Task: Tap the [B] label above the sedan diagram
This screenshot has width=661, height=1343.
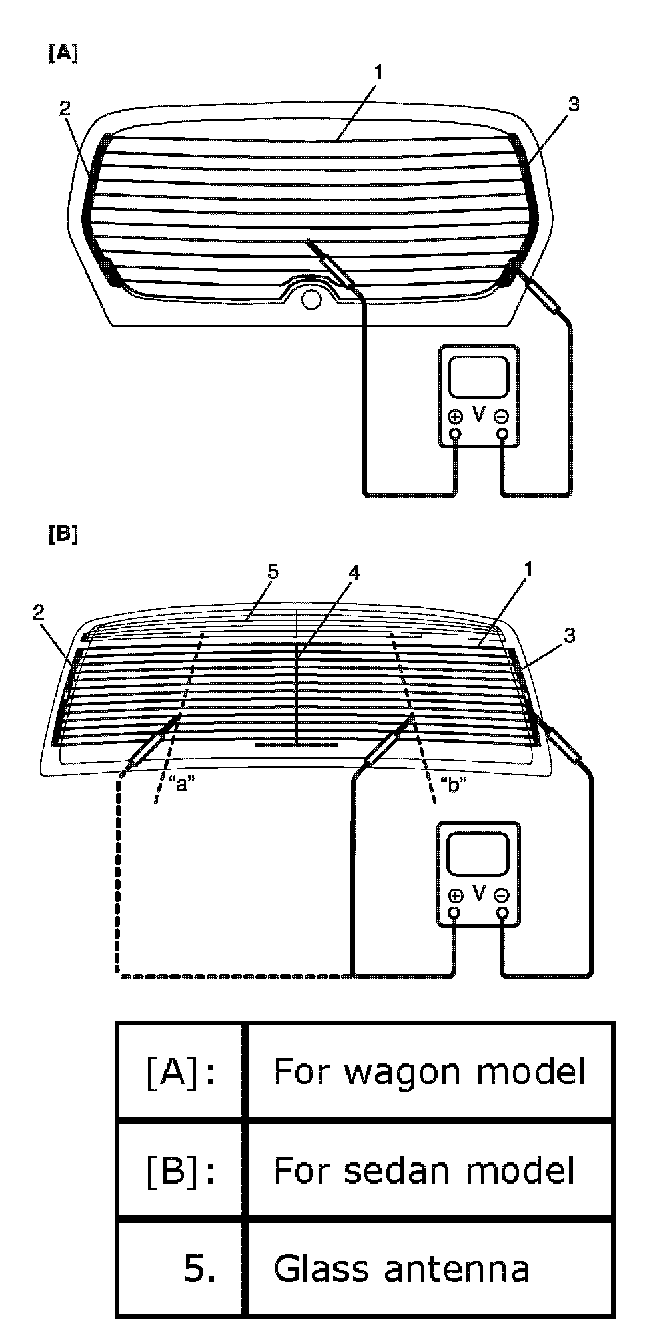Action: (x=63, y=534)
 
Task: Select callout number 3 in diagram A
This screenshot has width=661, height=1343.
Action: (x=574, y=104)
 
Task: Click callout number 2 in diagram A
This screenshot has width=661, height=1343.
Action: (x=65, y=109)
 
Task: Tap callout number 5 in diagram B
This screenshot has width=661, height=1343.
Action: (x=271, y=572)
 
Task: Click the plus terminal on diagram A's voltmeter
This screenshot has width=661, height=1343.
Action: (x=456, y=417)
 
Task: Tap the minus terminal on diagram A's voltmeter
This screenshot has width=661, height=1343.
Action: (x=502, y=417)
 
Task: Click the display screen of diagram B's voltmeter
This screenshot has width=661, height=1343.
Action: (x=478, y=854)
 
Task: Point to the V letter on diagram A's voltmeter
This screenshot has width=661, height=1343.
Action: (x=479, y=414)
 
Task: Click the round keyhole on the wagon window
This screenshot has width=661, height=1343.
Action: (x=310, y=299)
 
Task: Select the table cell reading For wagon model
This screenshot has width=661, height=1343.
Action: (x=429, y=1072)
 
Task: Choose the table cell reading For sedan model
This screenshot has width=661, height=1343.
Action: (x=424, y=1170)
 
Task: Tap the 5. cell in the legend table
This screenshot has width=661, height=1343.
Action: (x=199, y=1270)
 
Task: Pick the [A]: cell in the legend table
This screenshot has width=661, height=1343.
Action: (x=180, y=1073)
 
